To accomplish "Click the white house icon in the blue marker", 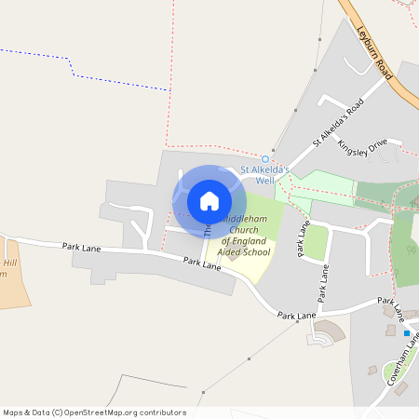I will coord(209,200).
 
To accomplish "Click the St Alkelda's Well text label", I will coord(264,174).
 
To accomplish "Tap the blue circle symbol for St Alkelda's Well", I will coord(264,158).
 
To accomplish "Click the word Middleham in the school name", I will coord(245,219).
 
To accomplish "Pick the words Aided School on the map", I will coord(243,252).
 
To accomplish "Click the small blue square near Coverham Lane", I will coord(406,332).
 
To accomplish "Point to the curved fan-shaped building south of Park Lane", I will coord(328,333).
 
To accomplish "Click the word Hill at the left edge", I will coord(10,264).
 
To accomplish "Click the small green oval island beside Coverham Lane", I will coord(372,371).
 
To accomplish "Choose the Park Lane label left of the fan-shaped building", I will coord(296,316).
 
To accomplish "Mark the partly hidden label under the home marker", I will coord(208,226).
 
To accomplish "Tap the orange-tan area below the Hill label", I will coord(13,289).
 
